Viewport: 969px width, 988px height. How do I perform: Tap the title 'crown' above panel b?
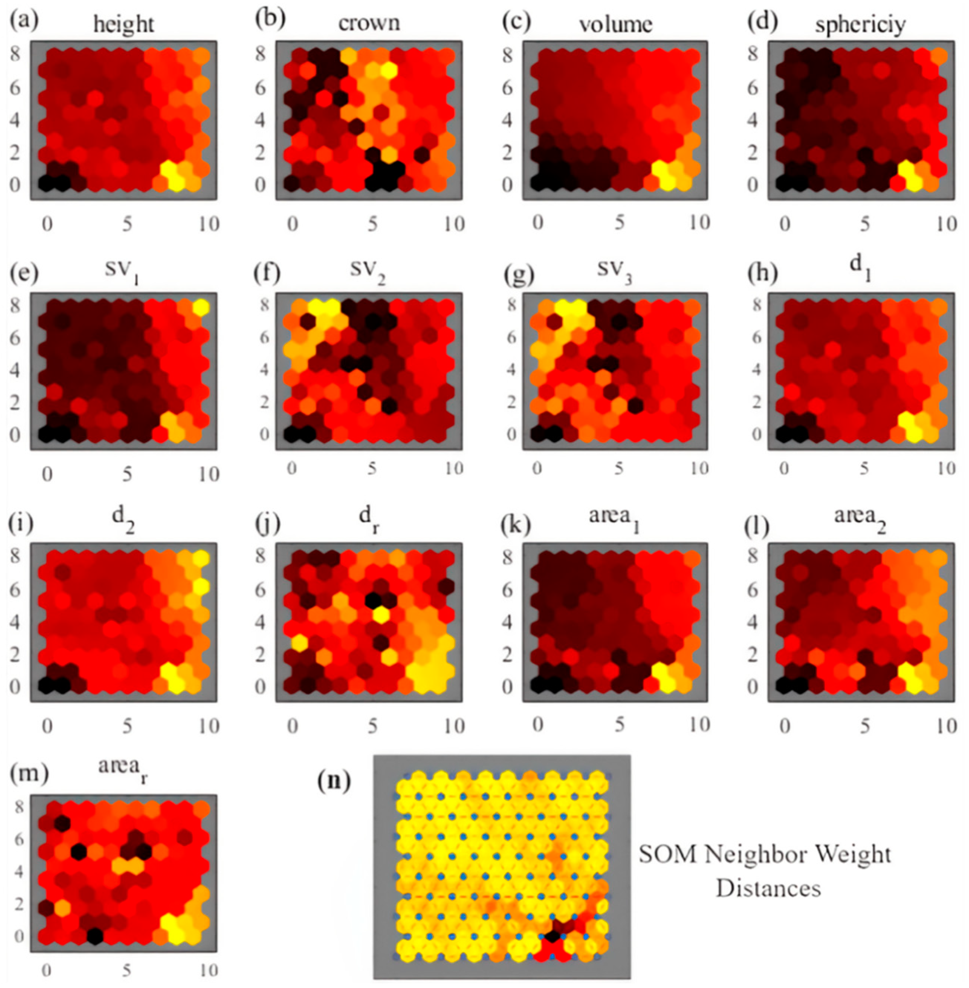click(369, 23)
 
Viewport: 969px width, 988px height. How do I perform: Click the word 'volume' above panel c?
click(615, 24)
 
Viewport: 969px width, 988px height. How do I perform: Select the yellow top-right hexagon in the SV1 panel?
click(201, 307)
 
